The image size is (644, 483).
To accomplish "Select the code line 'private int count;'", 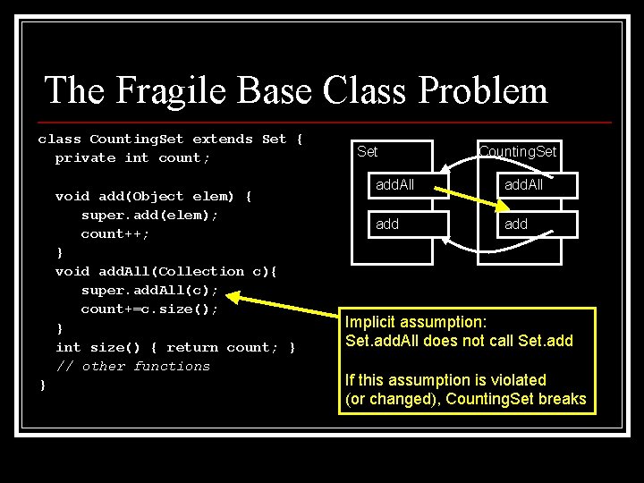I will click(132, 158).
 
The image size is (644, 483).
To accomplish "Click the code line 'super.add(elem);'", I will click(149, 215).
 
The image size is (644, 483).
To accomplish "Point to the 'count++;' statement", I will click(114, 233).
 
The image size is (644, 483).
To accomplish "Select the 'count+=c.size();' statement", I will click(149, 309).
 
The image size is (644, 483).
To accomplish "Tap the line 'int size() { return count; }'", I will click(175, 347).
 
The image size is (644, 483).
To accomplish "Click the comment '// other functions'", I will click(132, 366).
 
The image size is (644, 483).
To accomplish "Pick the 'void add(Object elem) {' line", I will click(154, 196).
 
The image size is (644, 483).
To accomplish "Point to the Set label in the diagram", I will click(368, 151).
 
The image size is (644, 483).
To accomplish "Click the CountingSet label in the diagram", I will click(517, 151).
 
